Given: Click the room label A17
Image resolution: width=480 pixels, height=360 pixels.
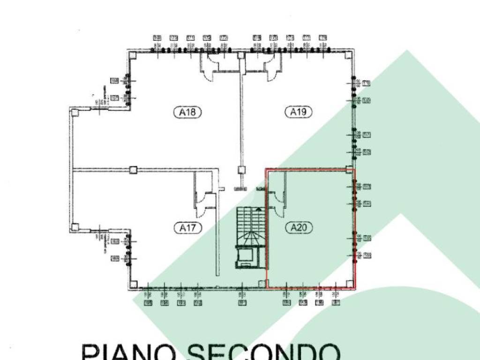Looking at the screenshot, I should [x=190, y=228].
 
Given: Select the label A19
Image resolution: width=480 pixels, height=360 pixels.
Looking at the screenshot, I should [x=298, y=112].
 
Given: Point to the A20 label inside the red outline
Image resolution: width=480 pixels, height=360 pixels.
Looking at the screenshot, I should [x=298, y=228].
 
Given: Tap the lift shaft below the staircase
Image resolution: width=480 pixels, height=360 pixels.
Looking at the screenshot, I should [x=245, y=257].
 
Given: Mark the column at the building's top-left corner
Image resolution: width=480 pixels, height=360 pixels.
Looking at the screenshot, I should [x=134, y=55].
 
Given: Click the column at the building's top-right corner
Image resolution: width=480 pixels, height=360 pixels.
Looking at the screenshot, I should [x=347, y=55].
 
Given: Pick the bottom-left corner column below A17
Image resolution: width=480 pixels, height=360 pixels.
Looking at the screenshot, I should [x=134, y=284].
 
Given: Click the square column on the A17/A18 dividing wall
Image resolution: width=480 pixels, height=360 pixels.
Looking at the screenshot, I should [x=133, y=170].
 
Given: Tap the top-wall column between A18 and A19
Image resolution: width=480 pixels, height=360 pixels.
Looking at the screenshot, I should [x=241, y=55].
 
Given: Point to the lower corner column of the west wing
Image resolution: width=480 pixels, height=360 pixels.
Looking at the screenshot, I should [x=75, y=227].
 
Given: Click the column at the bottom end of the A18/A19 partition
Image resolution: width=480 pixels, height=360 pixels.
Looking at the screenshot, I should [x=241, y=170].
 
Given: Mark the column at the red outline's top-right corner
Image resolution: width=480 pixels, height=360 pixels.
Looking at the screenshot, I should [x=349, y=170].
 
